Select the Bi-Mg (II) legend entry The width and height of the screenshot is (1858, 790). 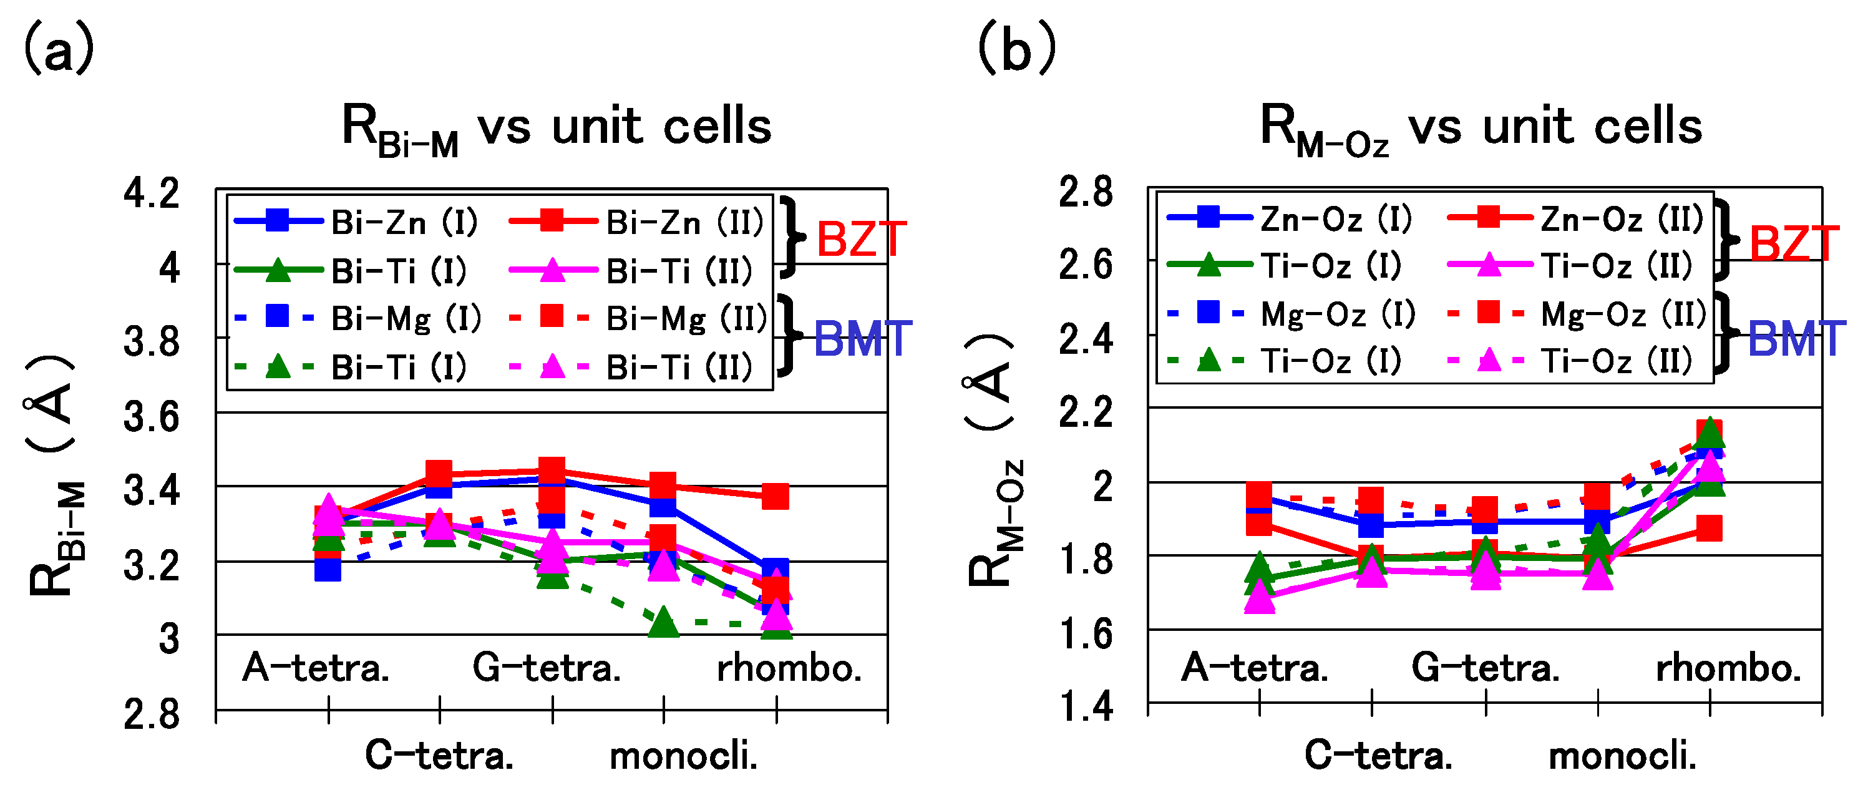(x=638, y=318)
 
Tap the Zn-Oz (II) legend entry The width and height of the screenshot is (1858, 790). (x=1575, y=218)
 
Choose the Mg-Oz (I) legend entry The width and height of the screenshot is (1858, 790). (x=1291, y=313)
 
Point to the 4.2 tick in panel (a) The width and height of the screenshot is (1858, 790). (x=152, y=193)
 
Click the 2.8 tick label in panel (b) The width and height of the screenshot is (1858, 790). (x=1086, y=192)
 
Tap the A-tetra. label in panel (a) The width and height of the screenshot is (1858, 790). (x=316, y=667)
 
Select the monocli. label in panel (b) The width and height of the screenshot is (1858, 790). (x=1623, y=756)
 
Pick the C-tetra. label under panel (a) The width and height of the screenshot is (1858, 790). (x=439, y=756)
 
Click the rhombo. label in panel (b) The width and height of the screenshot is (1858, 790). (x=1728, y=667)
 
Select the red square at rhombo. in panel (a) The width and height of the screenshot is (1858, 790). (x=776, y=496)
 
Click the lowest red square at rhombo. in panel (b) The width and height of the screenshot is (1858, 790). (x=1709, y=528)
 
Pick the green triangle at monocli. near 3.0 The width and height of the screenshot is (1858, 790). (x=664, y=622)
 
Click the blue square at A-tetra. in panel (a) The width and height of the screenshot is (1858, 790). (x=328, y=569)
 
